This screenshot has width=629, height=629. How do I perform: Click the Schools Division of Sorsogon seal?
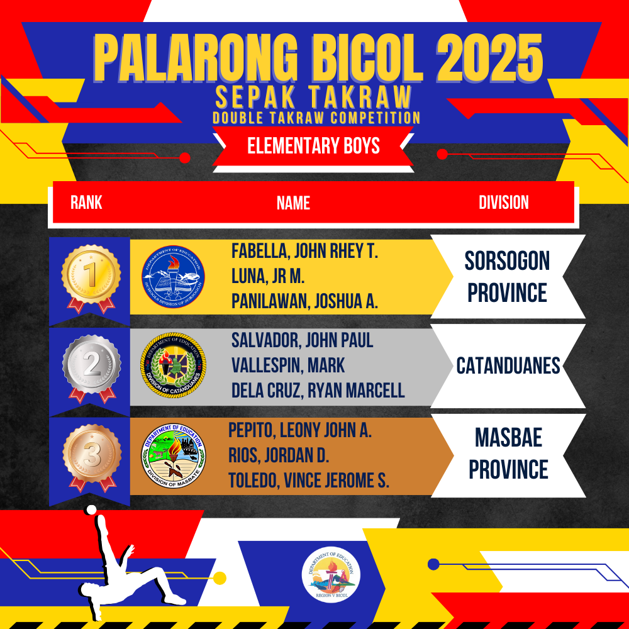point(174,277)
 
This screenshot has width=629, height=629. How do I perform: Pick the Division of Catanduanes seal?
point(174,365)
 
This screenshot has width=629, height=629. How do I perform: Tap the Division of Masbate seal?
point(174,456)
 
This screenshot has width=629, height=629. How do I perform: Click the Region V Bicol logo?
point(331,576)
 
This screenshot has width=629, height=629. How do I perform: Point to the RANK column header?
point(86,203)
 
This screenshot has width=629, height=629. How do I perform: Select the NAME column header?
point(293,203)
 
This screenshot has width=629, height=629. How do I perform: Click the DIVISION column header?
point(503,203)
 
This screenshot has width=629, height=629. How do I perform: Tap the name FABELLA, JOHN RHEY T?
point(304,252)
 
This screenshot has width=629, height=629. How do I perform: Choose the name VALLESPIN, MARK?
point(288,365)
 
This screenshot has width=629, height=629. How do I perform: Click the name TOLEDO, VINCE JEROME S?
point(308,481)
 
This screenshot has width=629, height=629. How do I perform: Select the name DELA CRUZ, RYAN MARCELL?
point(318,391)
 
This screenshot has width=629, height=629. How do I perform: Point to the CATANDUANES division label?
point(508,366)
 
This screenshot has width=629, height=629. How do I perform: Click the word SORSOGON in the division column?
point(507,261)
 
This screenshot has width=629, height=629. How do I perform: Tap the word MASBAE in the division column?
point(508,437)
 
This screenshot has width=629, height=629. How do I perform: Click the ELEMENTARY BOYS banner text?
point(313,146)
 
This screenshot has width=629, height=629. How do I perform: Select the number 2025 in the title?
point(489,58)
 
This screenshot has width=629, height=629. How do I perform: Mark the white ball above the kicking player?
point(91,509)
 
